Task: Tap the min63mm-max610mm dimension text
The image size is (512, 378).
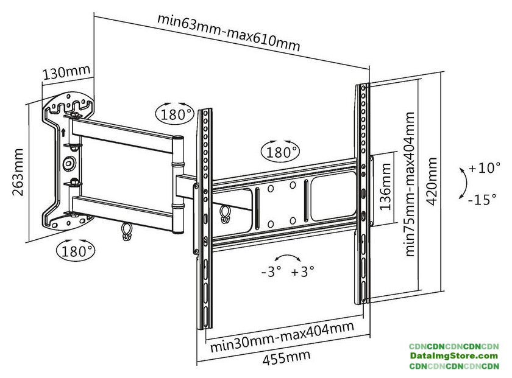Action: click(x=229, y=32)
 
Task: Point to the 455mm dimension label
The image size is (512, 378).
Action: click(x=286, y=357)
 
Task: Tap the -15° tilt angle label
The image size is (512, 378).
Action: click(x=483, y=199)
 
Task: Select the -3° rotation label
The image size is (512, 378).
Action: click(x=271, y=272)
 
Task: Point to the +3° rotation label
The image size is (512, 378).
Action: click(x=302, y=272)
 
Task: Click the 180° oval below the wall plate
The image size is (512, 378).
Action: click(x=76, y=249)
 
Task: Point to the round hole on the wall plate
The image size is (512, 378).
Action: click(x=68, y=163)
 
